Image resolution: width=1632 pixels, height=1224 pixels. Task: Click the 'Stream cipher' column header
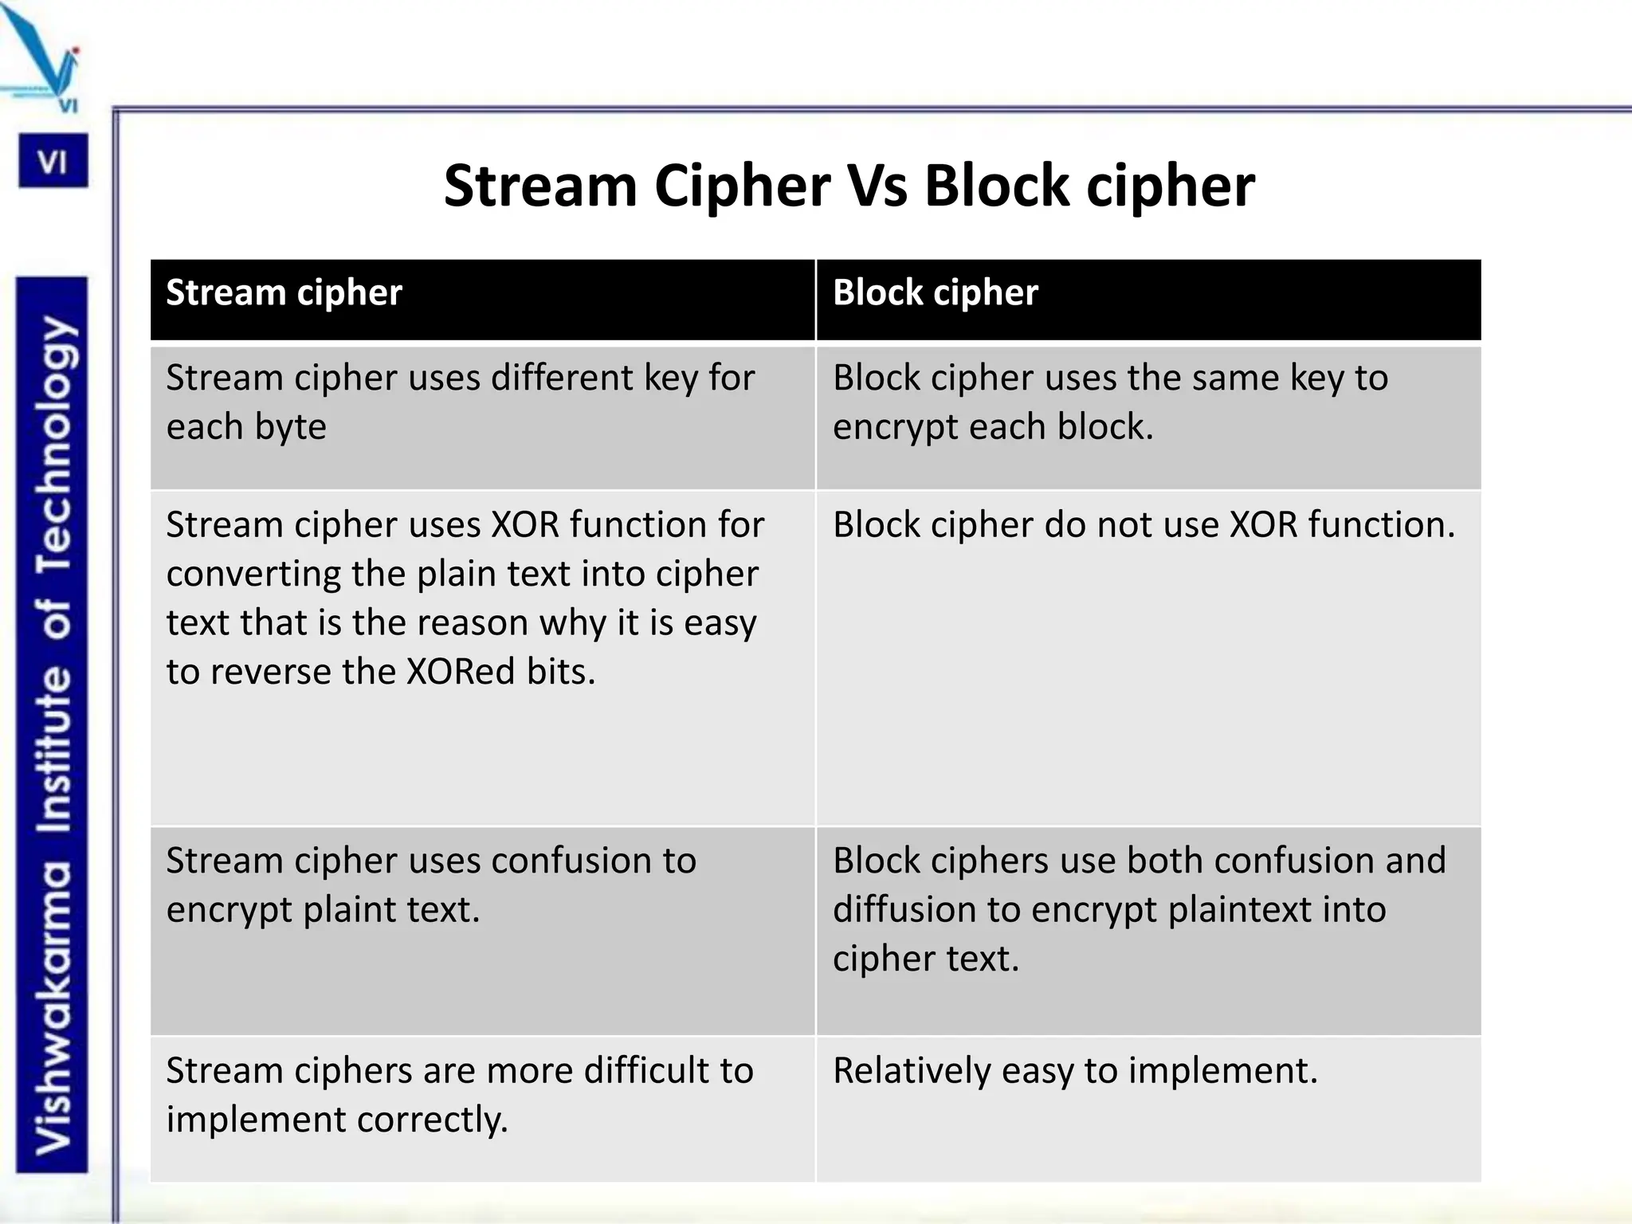[284, 293]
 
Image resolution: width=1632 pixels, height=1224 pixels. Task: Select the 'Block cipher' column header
[936, 293]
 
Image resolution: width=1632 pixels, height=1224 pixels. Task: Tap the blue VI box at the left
[53, 161]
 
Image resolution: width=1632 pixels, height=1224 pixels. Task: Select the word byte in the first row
[291, 427]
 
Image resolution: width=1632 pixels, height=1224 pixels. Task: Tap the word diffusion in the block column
[886, 910]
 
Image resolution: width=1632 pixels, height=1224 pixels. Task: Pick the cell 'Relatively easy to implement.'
[1075, 1071]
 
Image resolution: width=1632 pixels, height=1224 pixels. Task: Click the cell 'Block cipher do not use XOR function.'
[1144, 526]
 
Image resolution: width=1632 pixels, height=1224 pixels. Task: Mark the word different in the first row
[561, 378]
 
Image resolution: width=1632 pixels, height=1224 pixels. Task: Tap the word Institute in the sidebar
[54, 749]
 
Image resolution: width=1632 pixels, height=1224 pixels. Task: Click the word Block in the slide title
[996, 186]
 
